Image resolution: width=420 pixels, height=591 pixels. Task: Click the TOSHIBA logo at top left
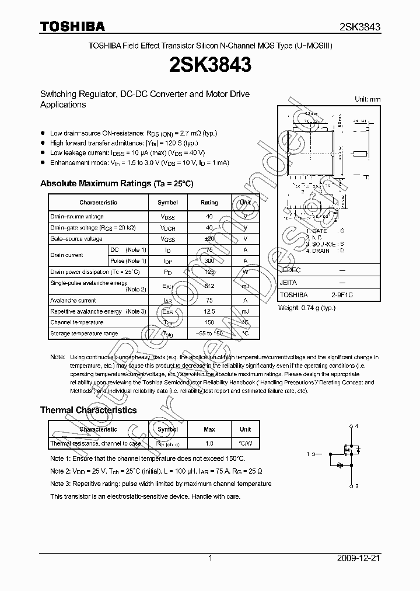pos(72,27)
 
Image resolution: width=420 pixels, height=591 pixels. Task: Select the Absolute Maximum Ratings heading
pos(117,183)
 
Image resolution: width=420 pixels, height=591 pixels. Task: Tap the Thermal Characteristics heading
pos(88,410)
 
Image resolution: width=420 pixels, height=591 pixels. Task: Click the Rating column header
pos(209,203)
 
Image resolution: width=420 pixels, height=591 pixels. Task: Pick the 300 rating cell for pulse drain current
pos(209,260)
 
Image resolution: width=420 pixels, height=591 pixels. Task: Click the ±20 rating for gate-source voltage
pos(209,239)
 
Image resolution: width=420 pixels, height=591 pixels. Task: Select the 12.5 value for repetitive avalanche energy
pos(209,311)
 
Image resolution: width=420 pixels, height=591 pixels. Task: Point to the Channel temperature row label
pos(77,322)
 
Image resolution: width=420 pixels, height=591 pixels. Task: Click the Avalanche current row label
pos(73,300)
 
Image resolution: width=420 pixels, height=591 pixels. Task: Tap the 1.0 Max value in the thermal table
pos(209,444)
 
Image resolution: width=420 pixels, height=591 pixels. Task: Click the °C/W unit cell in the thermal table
pos(245,444)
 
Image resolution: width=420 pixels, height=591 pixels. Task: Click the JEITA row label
pos(288,283)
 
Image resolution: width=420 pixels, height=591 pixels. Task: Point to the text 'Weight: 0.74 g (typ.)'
pos(307,307)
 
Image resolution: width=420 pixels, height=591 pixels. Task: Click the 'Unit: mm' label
pos(367,99)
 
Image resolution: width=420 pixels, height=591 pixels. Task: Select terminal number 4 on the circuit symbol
pos(357,426)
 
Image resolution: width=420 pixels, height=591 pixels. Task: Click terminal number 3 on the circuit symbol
pos(357,486)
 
